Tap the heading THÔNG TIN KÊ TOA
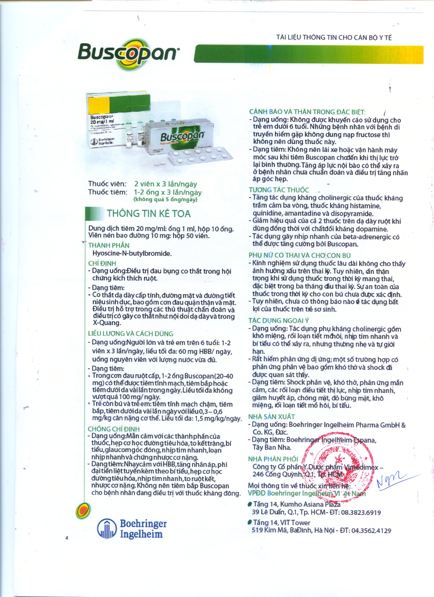point(148,214)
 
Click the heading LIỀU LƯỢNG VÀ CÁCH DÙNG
point(131,333)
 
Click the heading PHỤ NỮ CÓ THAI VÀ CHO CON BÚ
point(300,255)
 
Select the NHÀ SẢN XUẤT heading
point(271,417)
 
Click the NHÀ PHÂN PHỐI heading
point(273,459)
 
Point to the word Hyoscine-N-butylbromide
point(132,254)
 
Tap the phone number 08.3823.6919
point(361,512)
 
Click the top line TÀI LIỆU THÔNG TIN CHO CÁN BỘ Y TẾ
point(334,37)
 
